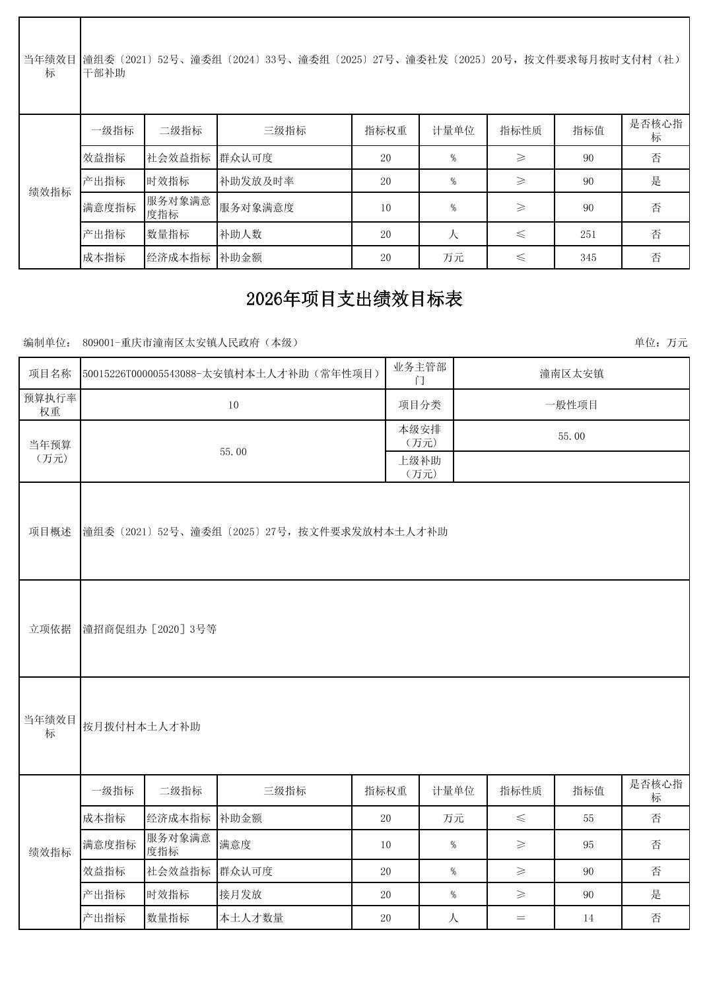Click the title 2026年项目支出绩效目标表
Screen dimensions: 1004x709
(x=355, y=299)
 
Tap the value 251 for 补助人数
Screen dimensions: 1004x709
(x=588, y=234)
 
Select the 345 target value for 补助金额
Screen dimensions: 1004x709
(x=588, y=258)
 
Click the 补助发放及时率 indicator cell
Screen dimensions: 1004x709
(x=257, y=181)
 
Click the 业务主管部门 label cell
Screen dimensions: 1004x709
(x=419, y=374)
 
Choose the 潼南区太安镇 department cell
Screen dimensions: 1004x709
(x=571, y=374)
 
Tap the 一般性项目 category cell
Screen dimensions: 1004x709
(x=571, y=405)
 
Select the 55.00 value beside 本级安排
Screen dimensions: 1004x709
(x=571, y=437)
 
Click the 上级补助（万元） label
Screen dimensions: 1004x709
(x=419, y=467)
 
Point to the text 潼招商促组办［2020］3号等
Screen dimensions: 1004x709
(x=150, y=629)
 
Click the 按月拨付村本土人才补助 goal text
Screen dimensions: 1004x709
(x=141, y=727)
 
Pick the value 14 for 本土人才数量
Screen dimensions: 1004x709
(x=588, y=918)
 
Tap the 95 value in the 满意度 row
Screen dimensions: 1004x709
(x=588, y=845)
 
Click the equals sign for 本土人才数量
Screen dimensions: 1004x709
(x=521, y=918)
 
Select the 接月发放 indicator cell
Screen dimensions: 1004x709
(x=241, y=895)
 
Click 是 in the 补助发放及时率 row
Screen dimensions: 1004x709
(x=656, y=181)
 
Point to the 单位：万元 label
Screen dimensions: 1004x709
(x=661, y=343)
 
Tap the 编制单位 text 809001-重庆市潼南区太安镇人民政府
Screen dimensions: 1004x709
(x=191, y=343)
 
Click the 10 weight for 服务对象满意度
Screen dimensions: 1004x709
(x=386, y=208)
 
